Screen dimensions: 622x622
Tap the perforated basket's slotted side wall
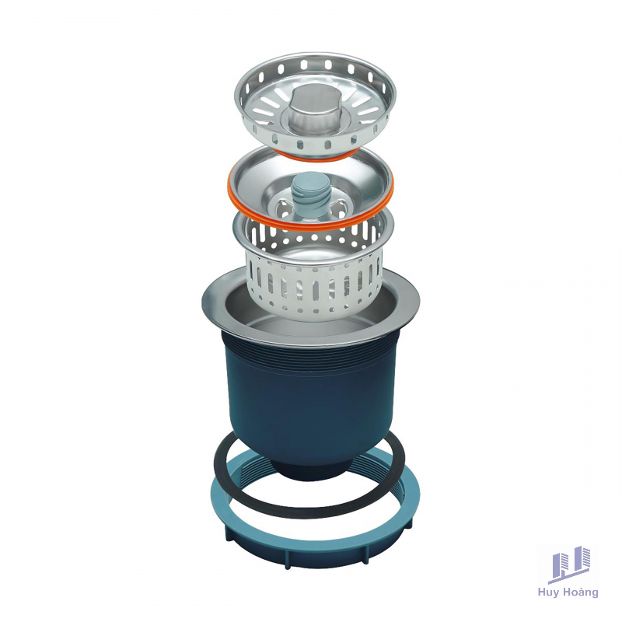click(313, 289)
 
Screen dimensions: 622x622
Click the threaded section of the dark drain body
click(309, 357)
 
